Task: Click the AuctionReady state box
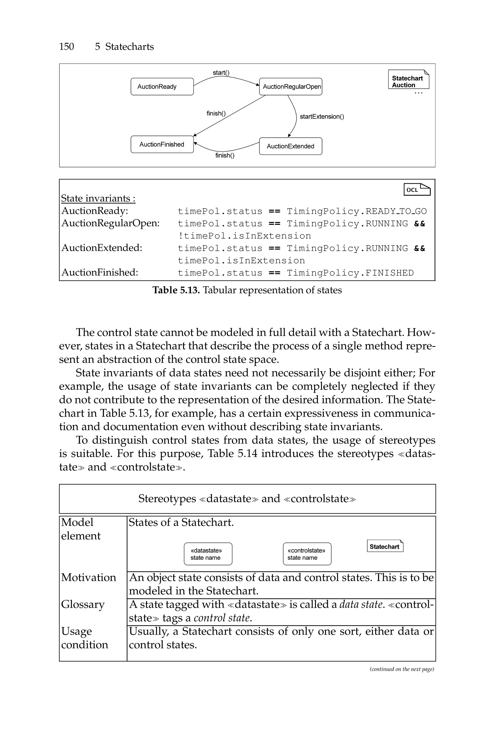[x=162, y=87]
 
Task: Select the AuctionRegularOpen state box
[x=290, y=87]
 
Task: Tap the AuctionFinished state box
[x=162, y=144]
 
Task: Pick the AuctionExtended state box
[x=290, y=146]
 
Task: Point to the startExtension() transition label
[x=322, y=117]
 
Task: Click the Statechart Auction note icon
[x=408, y=80]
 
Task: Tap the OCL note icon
[x=417, y=190]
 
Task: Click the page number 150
[x=67, y=47]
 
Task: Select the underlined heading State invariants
[x=98, y=198]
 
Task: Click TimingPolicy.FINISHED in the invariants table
[x=350, y=273]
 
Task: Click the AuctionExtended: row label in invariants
[x=102, y=248]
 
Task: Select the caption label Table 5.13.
[x=176, y=290]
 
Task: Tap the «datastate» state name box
[x=208, y=554]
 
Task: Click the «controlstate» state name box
[x=307, y=554]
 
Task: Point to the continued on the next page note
[x=402, y=669]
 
